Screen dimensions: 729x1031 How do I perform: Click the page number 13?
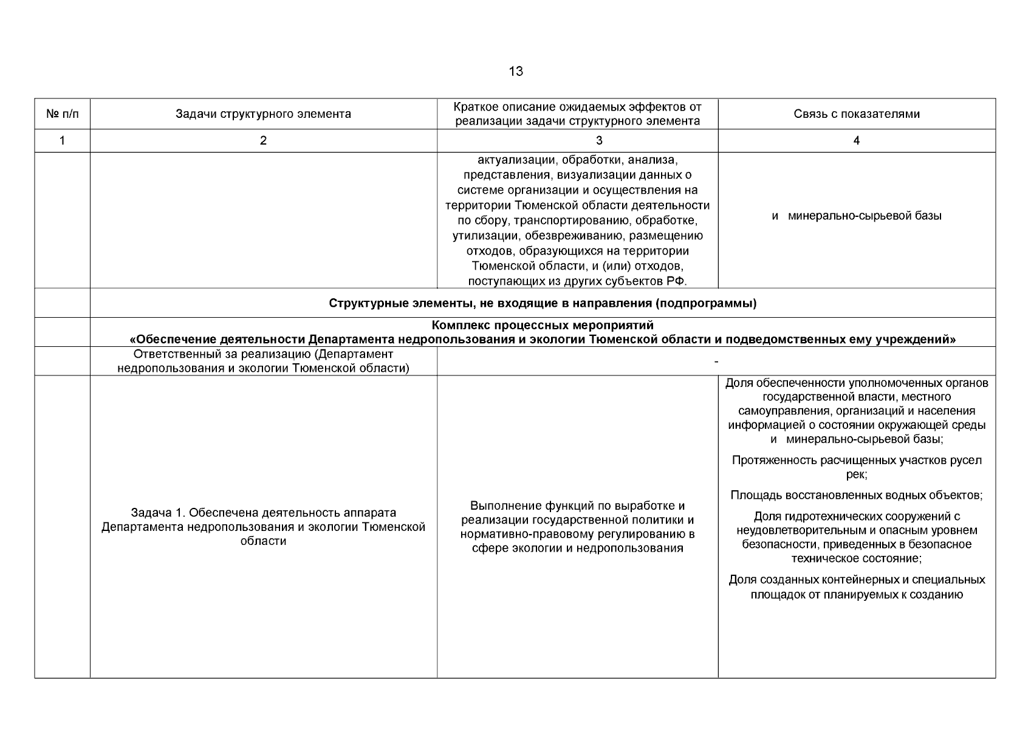(x=515, y=72)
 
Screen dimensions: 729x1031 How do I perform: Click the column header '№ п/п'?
(x=62, y=114)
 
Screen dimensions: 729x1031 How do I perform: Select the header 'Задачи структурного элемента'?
(x=263, y=114)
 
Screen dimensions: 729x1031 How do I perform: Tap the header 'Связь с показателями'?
(x=856, y=114)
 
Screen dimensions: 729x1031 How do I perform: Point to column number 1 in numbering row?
(x=62, y=141)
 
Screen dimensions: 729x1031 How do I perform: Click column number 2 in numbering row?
(x=263, y=141)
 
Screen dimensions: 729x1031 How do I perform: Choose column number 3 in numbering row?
(x=599, y=141)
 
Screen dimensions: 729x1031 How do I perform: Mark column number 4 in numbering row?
(x=856, y=141)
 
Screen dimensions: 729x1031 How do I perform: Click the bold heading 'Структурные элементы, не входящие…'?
(x=543, y=303)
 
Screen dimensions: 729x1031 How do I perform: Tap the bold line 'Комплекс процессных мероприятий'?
(x=543, y=326)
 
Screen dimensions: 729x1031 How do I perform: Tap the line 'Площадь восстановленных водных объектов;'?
(x=856, y=495)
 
